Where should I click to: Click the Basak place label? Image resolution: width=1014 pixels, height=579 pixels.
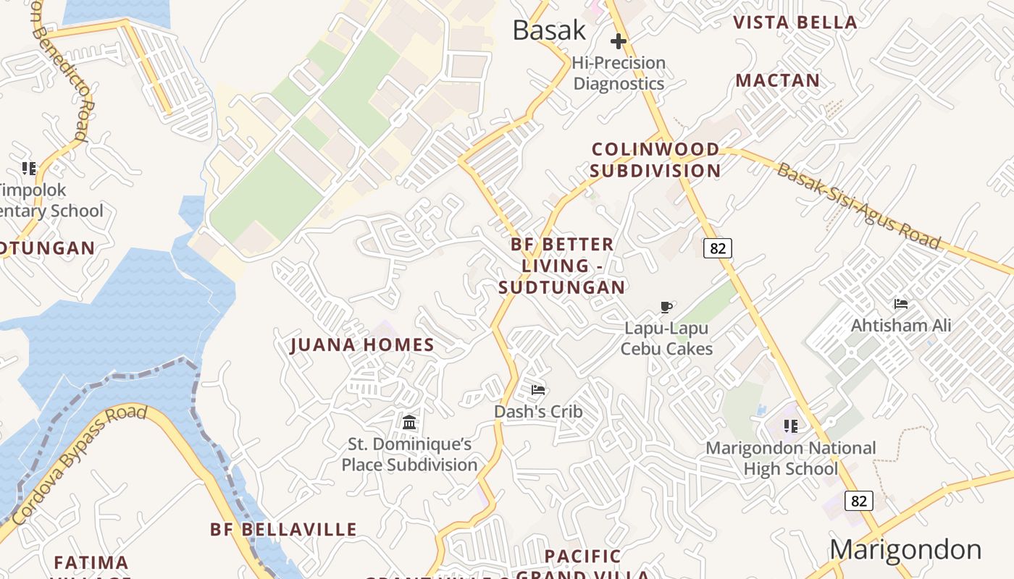[549, 30]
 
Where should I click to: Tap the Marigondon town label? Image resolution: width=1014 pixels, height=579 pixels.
[905, 549]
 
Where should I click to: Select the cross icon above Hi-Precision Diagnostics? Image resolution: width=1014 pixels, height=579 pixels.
[618, 41]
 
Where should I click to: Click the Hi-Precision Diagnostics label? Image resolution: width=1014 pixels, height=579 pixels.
[619, 73]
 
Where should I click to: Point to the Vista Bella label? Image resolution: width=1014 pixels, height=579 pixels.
[795, 22]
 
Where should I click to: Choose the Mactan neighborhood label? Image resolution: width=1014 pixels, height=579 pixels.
[778, 80]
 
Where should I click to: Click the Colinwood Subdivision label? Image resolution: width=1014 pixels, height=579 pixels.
[655, 160]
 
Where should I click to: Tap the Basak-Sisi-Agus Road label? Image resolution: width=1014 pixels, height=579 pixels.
[859, 206]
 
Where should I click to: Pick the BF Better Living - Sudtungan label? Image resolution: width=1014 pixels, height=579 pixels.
[562, 266]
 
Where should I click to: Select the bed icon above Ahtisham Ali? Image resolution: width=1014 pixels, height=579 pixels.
[901, 304]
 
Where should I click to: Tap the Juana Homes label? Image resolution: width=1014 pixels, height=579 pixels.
[362, 345]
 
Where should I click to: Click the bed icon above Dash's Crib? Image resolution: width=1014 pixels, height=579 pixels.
[538, 390]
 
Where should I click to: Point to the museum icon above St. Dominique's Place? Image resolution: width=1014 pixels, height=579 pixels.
[409, 422]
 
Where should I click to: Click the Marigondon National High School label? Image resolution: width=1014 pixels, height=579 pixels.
[791, 458]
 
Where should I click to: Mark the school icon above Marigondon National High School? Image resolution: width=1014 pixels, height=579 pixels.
[791, 426]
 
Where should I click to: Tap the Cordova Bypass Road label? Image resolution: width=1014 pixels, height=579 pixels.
[80, 465]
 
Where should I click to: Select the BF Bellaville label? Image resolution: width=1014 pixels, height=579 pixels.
[283, 530]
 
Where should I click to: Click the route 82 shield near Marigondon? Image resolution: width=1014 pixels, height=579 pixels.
[858, 501]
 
